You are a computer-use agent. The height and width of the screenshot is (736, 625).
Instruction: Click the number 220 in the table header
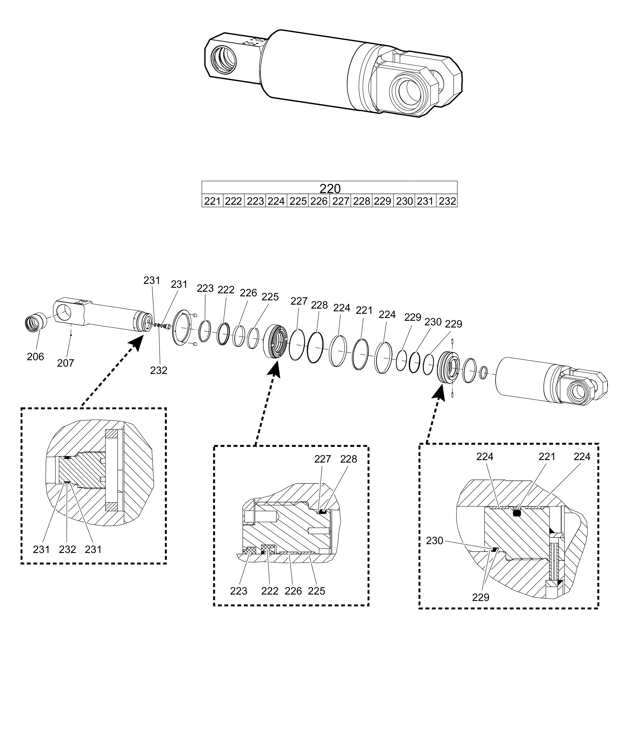click(330, 188)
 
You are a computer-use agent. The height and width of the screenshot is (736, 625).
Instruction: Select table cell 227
click(341, 201)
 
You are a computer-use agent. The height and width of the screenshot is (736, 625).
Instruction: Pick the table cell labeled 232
click(447, 201)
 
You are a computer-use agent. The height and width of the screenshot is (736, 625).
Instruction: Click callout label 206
click(35, 357)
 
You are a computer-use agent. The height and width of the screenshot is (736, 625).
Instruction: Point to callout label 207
click(66, 363)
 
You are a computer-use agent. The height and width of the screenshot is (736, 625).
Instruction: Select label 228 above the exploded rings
click(319, 305)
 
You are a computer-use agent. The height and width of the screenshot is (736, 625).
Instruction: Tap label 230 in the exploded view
click(433, 322)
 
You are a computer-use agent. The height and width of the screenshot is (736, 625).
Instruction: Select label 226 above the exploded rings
click(248, 293)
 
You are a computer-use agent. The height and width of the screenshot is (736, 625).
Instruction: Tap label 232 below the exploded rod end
click(158, 370)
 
